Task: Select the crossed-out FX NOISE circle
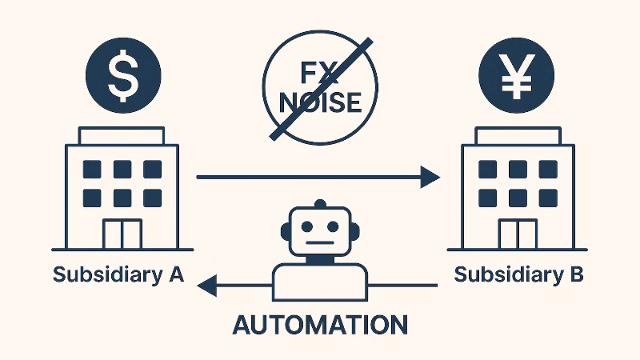click(x=320, y=88)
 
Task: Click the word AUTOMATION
click(x=320, y=324)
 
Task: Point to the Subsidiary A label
click(x=118, y=274)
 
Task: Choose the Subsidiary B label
click(x=518, y=274)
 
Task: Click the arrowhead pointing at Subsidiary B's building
click(x=430, y=177)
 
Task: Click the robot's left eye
click(x=306, y=226)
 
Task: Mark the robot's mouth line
click(x=320, y=242)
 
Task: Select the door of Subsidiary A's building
click(x=122, y=234)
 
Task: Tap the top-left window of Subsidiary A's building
click(x=93, y=169)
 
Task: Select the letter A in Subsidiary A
click(x=176, y=274)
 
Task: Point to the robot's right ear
click(x=354, y=231)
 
